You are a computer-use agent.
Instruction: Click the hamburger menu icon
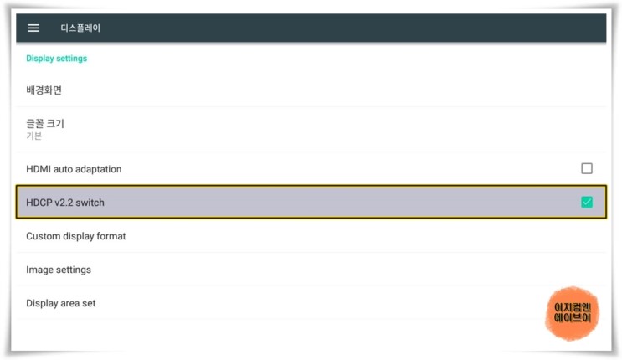[x=33, y=28]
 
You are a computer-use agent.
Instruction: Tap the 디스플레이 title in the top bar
[x=80, y=28]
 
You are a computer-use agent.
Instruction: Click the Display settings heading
[x=57, y=59]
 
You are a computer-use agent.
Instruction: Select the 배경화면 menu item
[x=44, y=90]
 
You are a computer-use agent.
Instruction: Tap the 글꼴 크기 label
[x=45, y=123]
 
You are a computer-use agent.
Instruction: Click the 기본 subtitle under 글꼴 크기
[x=34, y=136]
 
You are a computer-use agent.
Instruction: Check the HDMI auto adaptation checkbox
[x=587, y=168]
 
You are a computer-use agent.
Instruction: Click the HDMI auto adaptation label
[x=74, y=169]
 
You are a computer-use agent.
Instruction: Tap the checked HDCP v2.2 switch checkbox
[x=587, y=202]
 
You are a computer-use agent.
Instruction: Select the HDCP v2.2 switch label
[x=65, y=203]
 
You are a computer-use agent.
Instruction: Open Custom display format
[x=76, y=236]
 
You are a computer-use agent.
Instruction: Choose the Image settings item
[x=59, y=270]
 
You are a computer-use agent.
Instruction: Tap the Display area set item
[x=61, y=303]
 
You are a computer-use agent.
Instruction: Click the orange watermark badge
[x=573, y=313]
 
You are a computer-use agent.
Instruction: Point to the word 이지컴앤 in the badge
[x=573, y=307]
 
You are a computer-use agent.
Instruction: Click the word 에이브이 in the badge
[x=573, y=319]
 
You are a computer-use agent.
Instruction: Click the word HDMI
[x=39, y=169]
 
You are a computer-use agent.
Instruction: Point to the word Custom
[x=43, y=236]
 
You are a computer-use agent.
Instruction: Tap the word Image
[x=39, y=270]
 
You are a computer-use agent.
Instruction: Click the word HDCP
[x=39, y=203]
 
